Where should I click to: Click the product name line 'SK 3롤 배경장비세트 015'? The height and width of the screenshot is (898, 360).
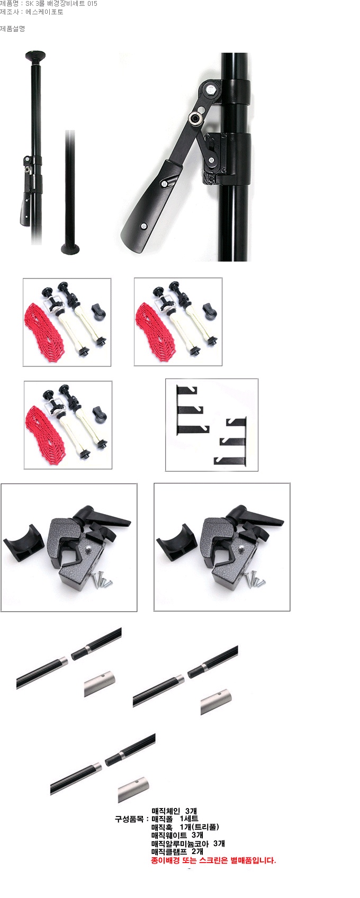coord(61,4)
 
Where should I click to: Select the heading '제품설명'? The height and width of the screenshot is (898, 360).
coord(12,29)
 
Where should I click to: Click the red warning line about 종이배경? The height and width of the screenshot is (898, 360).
coord(213,860)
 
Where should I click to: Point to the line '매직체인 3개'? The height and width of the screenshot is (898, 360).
coord(174,811)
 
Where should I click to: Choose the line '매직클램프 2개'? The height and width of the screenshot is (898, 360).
coord(177,851)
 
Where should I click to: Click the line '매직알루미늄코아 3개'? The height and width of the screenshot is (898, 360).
coord(188,843)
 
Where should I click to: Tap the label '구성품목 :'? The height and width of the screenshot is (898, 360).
coord(132,819)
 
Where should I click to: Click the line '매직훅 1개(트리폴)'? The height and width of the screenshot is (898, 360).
coord(185,827)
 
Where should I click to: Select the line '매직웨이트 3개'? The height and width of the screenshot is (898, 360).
coord(177,836)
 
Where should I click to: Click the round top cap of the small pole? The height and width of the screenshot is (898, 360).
coord(35,55)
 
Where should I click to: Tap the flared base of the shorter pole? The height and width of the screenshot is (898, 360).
coord(70,249)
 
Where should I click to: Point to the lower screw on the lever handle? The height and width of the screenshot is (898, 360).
coord(144,226)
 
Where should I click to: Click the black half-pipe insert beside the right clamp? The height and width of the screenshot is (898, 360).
coord(174,542)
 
